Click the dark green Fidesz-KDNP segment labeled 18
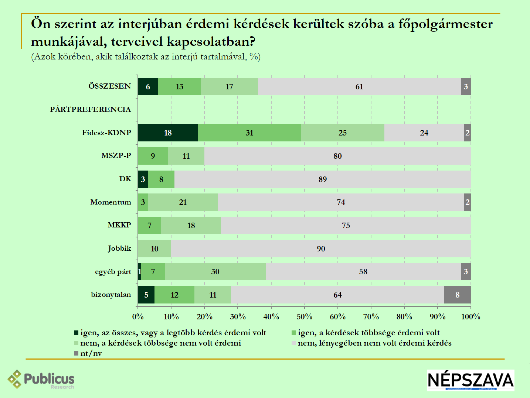coord(168,133)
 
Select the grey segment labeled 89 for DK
coord(323,179)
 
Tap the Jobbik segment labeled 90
coord(321,249)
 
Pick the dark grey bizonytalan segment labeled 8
coord(458,295)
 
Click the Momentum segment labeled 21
coord(183,202)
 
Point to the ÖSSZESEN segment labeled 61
coord(359,87)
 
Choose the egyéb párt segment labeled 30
coord(215,272)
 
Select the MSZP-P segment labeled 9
coord(153,156)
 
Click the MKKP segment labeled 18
coord(191,226)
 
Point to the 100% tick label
coord(471,317)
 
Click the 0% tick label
coord(138,317)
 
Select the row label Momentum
coord(111,202)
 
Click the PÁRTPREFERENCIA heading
coord(91,109)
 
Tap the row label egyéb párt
coord(113,272)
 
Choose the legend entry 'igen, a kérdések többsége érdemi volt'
coord(368,333)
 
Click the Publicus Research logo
coord(41,380)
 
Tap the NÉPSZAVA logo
coord(470,380)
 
